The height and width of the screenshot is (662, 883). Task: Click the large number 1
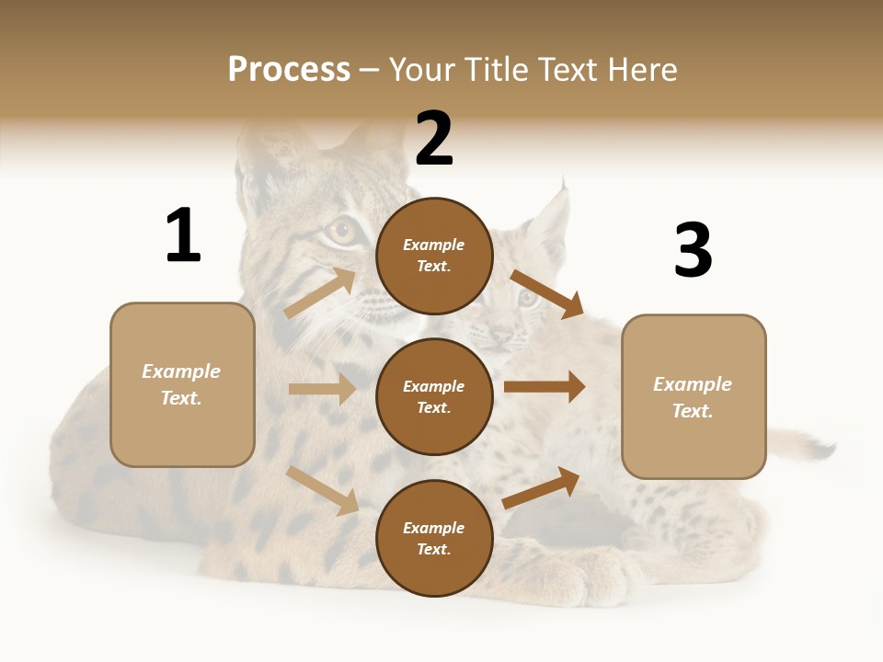pyautogui.click(x=183, y=236)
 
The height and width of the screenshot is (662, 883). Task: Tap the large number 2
pyautogui.click(x=434, y=139)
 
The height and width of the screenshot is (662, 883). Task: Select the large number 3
pyautogui.click(x=693, y=251)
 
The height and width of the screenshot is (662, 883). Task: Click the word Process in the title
pyautogui.click(x=289, y=69)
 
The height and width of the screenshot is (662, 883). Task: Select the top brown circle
pyautogui.click(x=434, y=256)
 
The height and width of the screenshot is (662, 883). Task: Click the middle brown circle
pyautogui.click(x=434, y=396)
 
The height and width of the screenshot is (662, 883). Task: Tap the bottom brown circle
pyautogui.click(x=434, y=538)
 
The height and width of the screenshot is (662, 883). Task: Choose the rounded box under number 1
pyautogui.click(x=182, y=384)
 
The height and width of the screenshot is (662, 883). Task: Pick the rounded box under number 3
pyautogui.click(x=694, y=396)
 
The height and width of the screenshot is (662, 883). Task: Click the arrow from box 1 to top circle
pyautogui.click(x=320, y=292)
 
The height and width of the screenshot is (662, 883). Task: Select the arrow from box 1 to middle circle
pyautogui.click(x=322, y=389)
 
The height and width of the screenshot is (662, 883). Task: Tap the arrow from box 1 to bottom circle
pyautogui.click(x=323, y=490)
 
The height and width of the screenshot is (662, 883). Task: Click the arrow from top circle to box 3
pyautogui.click(x=547, y=293)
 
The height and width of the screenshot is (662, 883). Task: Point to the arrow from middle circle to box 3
pyautogui.click(x=545, y=387)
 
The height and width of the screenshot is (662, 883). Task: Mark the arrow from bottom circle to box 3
pyautogui.click(x=542, y=486)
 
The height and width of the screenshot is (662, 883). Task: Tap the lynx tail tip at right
pyautogui.click(x=821, y=449)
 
